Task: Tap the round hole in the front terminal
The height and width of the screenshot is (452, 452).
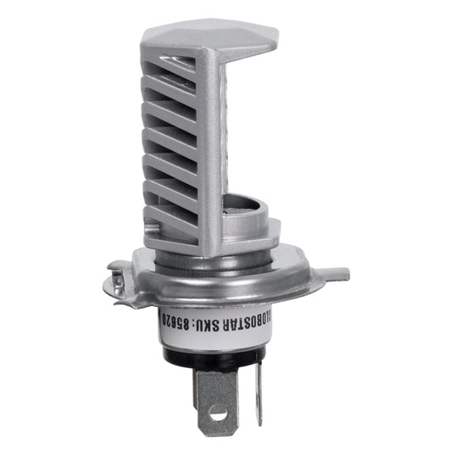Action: pos(218,415)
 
